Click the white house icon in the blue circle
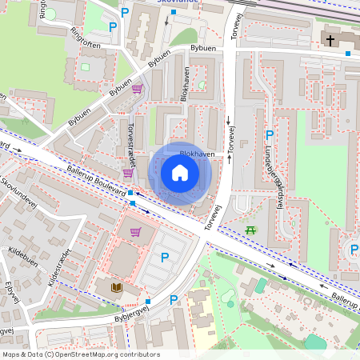[180, 173]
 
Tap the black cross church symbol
[330, 38]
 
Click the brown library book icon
[117, 286]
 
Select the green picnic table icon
[251, 230]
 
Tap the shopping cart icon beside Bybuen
[137, 89]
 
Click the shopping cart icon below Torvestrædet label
[127, 173]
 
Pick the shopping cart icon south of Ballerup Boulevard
[136, 232]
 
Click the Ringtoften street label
[86, 39]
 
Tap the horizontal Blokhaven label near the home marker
[196, 153]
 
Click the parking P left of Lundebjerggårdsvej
[269, 135]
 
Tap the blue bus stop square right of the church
[348, 54]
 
